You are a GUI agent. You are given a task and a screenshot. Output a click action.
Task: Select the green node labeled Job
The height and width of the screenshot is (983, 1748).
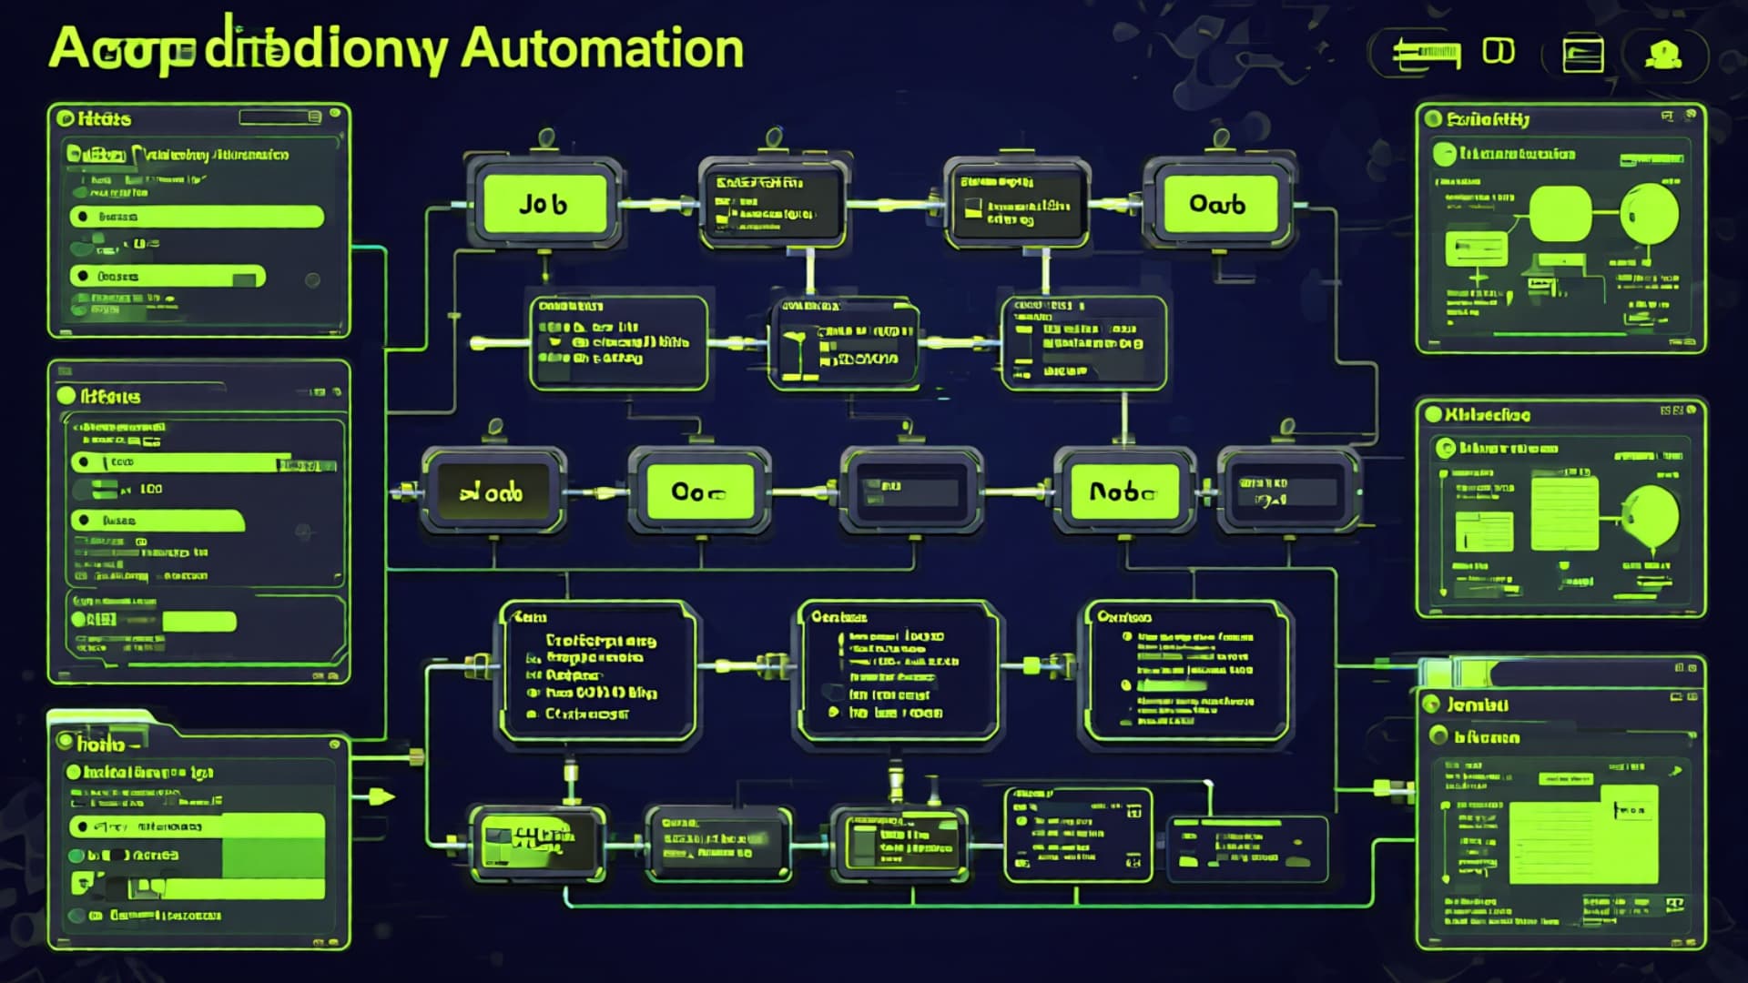coord(544,204)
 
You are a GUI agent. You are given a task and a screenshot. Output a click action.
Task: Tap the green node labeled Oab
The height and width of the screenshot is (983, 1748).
coord(1217,204)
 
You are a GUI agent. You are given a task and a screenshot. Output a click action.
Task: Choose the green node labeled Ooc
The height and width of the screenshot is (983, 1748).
coord(698,492)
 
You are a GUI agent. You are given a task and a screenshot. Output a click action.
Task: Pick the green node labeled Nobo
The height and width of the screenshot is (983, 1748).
coord(1123,492)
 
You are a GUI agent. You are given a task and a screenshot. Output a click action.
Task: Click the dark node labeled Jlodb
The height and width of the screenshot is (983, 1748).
coord(493,492)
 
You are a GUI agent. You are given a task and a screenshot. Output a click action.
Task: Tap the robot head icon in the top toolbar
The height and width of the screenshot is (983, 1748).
coord(1662,55)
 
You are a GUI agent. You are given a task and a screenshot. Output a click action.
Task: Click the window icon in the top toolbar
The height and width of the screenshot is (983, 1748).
coord(1582,55)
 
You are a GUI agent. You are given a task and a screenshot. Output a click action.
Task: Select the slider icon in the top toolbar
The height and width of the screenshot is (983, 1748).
coord(1426,54)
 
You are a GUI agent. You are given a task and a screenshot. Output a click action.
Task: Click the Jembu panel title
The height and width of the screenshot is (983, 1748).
coord(1478,704)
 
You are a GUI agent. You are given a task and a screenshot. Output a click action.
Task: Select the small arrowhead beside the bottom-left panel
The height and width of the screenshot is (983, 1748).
coord(381,797)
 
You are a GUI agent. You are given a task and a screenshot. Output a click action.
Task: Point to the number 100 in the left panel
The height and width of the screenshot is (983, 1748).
coord(151,489)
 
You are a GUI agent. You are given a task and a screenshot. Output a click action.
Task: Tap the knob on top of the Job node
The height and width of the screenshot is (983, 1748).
coord(546,138)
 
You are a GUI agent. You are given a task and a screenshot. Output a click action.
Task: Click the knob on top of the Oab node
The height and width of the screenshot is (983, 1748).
coord(1221,138)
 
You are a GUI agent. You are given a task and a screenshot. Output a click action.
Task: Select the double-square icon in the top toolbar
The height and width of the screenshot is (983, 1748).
coord(1499,51)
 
